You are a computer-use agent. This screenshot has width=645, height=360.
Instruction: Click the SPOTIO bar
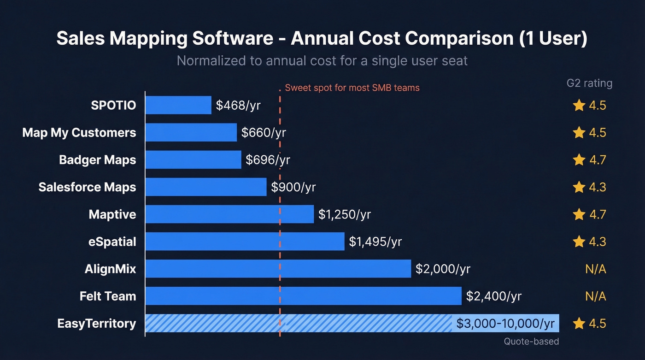178,105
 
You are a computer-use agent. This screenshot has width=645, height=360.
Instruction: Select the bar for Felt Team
303,296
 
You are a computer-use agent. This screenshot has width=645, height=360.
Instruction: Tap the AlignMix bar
278,269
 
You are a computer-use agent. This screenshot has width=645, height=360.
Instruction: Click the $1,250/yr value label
345,214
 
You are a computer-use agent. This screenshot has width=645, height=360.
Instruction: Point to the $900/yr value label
293,187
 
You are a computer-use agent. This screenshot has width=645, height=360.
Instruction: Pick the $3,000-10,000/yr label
505,323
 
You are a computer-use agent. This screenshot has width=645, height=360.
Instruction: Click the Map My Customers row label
79,133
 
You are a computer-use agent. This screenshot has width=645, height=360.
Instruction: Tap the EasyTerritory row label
97,323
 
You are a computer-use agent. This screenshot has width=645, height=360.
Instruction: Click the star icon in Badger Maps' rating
579,160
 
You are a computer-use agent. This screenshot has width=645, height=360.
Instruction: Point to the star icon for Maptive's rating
579,214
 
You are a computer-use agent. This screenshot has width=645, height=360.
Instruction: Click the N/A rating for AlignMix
595,269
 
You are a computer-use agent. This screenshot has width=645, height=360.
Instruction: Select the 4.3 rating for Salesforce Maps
597,187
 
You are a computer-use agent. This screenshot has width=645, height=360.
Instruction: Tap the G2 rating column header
589,83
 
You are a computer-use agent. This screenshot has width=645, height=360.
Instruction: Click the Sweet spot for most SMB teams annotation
352,88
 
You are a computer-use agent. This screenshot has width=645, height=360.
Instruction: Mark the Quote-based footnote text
531,342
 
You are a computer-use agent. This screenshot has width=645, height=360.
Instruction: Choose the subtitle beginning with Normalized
322,61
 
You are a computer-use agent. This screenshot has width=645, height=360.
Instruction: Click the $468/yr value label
238,106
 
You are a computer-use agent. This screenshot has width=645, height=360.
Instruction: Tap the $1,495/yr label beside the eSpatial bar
375,242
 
